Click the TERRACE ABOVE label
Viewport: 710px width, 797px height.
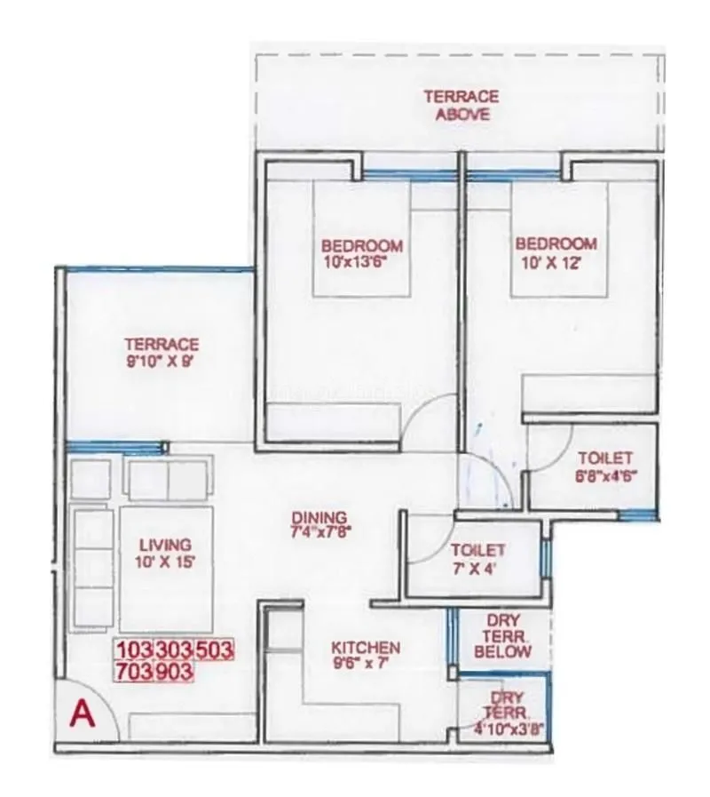[461, 105]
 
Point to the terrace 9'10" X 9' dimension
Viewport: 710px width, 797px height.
[162, 363]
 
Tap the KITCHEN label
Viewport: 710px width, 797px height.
[366, 648]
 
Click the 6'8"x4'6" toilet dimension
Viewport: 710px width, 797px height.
[605, 474]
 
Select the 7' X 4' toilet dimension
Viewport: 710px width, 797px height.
[477, 569]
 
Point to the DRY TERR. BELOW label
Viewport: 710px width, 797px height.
[503, 636]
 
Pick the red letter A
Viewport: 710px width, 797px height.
[83, 713]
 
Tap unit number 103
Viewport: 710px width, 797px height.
[134, 650]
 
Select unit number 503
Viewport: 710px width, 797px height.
[214, 650]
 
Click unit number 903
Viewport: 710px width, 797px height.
[174, 673]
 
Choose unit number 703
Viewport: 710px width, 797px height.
[134, 673]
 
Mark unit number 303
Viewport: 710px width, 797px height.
[174, 650]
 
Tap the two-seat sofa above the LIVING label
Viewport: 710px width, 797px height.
[169, 481]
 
